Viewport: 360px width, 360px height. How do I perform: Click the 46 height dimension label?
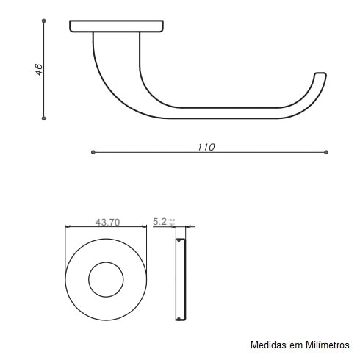39,70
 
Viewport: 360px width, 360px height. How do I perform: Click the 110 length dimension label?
206,147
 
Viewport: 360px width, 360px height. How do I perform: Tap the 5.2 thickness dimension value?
159,221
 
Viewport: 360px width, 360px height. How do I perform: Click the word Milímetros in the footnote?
325,344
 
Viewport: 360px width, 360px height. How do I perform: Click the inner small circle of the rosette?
106,280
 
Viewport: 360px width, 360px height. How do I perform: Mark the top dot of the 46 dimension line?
44,21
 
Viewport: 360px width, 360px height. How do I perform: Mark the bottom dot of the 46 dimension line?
44,118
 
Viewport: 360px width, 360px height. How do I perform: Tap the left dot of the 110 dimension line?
93,152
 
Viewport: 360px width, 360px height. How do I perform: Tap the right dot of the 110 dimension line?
325,152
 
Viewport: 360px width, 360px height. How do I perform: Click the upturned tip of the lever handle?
320,76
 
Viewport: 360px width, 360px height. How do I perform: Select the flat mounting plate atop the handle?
116,26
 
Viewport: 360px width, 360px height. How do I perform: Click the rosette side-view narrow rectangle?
180,280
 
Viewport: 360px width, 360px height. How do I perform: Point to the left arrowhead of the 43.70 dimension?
68,227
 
